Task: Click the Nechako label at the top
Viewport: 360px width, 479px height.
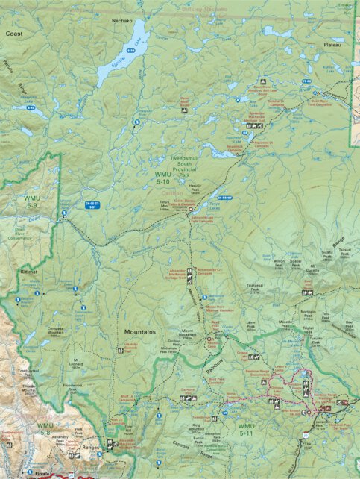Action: point(121,22)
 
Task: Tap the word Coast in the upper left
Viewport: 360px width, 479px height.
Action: point(14,34)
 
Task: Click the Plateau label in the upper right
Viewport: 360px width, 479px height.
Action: point(332,44)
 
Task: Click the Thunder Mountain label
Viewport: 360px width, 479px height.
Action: point(29,389)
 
